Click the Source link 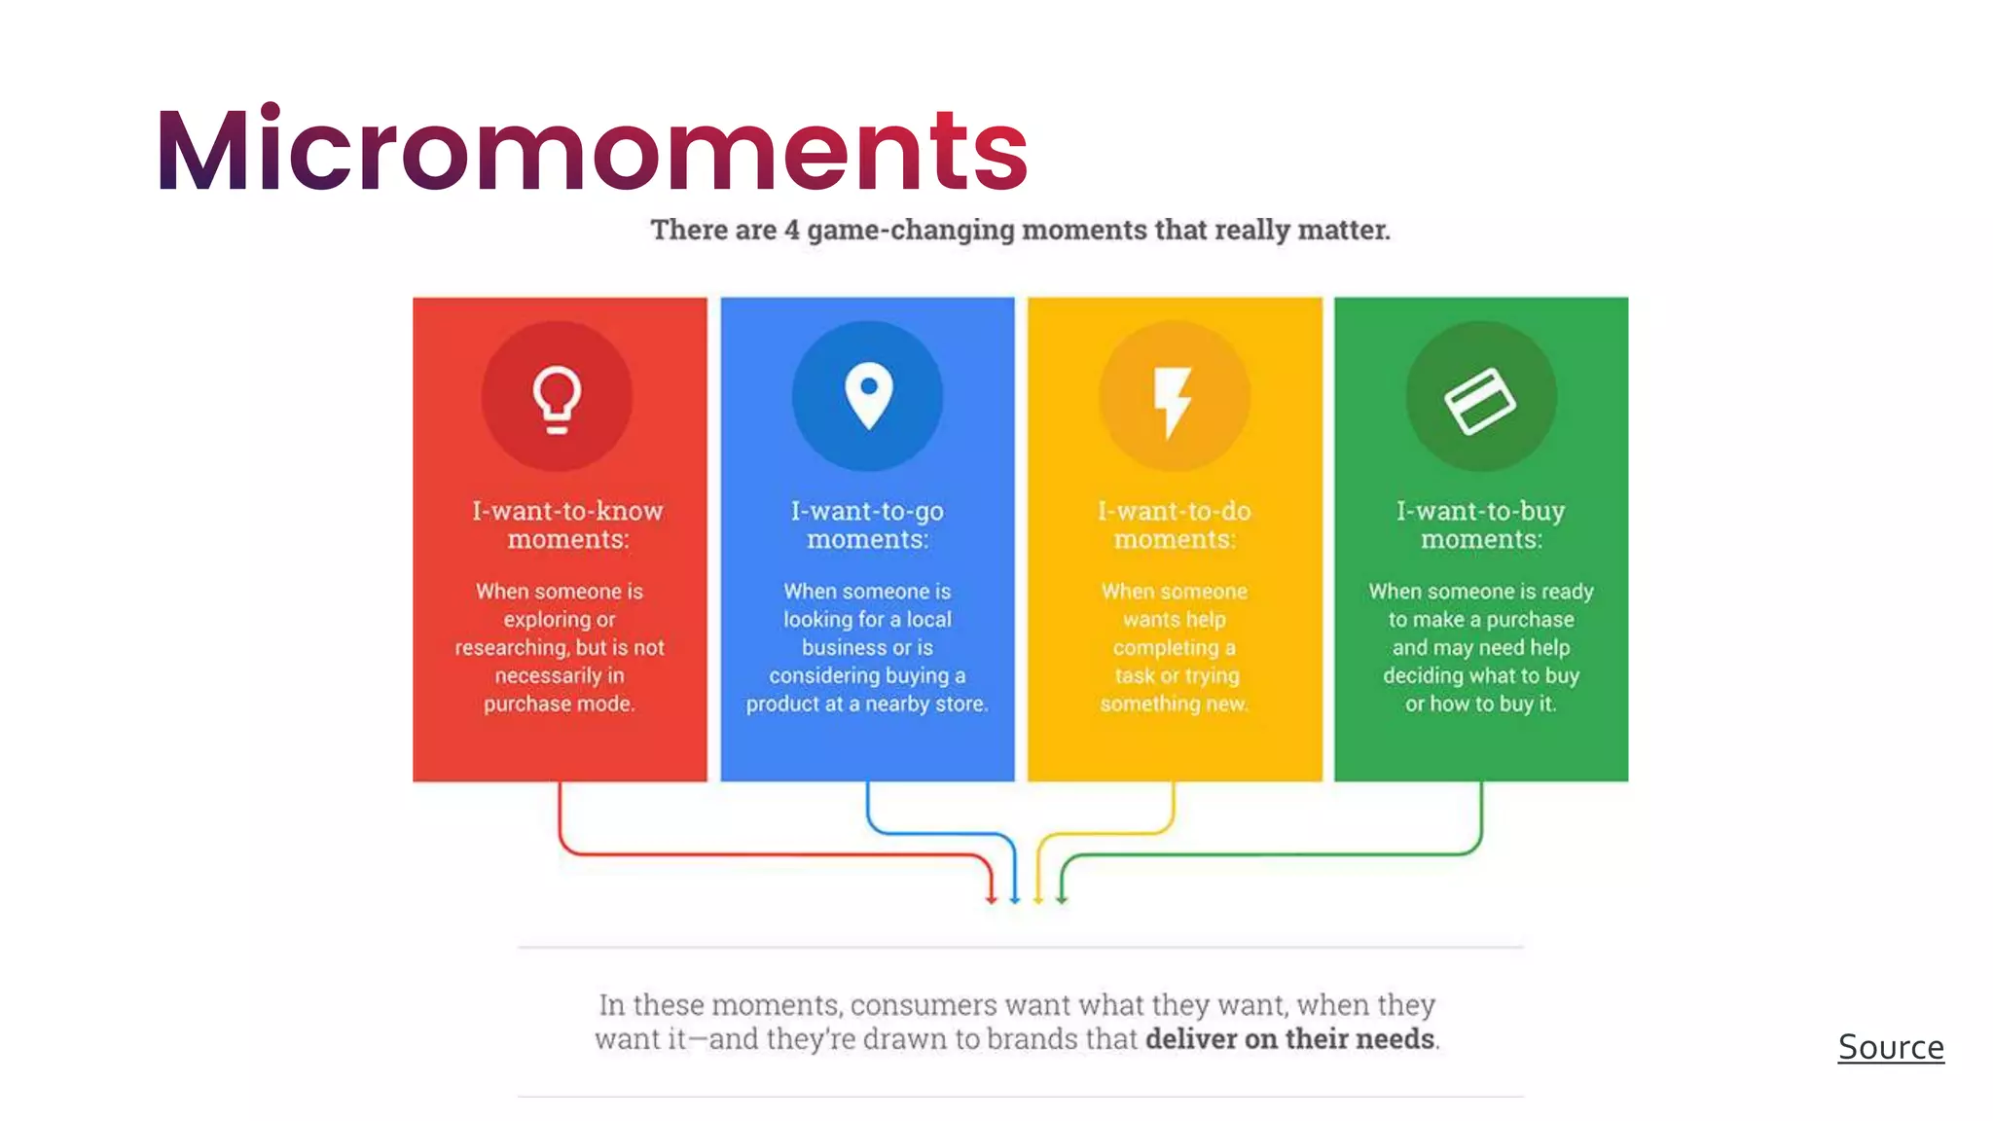click(1890, 1047)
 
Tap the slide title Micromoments click(592, 150)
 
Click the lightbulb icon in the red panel click(557, 398)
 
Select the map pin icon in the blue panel click(868, 395)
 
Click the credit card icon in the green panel click(1480, 400)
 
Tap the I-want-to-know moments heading click(567, 524)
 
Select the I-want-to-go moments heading click(867, 524)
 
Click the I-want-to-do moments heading click(1175, 524)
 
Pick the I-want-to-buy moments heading click(1481, 524)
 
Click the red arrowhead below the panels click(991, 898)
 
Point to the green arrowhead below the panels click(1062, 898)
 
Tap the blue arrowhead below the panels click(1014, 898)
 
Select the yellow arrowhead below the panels click(1038, 898)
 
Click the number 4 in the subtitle click(791, 230)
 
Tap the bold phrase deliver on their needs click(1290, 1039)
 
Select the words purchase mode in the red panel click(559, 704)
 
